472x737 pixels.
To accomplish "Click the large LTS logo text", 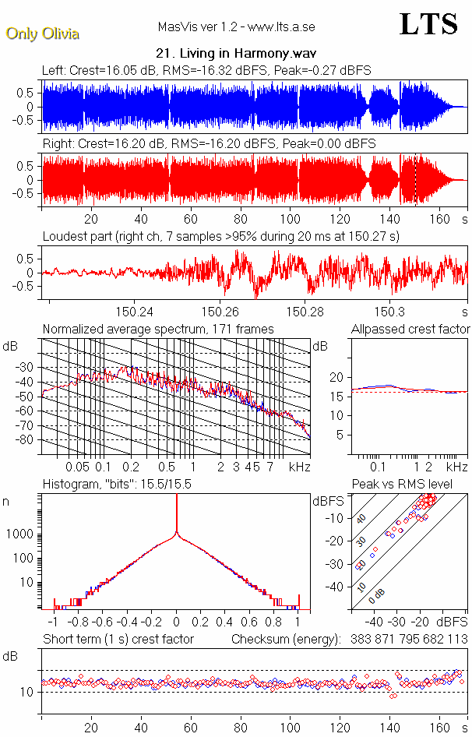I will (x=428, y=25).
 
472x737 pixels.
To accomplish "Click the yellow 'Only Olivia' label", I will (x=42, y=33).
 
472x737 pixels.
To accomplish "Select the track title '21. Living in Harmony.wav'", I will (x=235, y=54).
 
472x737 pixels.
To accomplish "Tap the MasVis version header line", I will (x=236, y=27).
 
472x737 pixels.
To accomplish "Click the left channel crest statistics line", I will (x=206, y=70).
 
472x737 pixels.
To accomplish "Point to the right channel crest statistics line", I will (x=209, y=144).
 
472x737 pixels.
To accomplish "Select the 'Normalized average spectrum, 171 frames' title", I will (x=158, y=329).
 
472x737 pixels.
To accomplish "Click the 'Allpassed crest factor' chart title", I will (x=410, y=329).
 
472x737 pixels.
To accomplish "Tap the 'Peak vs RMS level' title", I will (x=408, y=485).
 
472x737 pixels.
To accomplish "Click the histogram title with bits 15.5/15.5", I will (x=117, y=485).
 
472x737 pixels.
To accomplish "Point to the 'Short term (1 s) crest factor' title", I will (x=118, y=639).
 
